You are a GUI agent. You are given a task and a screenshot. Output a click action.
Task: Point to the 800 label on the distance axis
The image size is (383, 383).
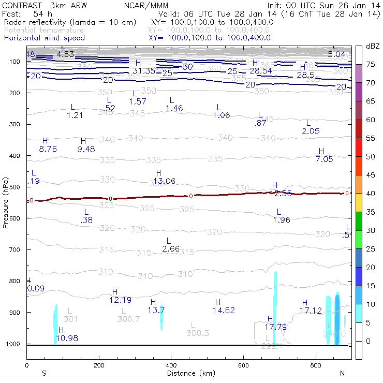316,366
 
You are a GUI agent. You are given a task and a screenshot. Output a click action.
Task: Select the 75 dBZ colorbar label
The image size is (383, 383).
371,64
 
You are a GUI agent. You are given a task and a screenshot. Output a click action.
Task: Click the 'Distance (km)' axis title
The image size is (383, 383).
188,373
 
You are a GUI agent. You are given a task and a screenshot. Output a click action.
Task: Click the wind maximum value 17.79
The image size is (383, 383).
276,327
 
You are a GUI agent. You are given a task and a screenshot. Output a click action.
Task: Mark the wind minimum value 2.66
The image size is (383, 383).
171,249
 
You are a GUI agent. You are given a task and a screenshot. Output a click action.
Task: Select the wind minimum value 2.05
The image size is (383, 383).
311,131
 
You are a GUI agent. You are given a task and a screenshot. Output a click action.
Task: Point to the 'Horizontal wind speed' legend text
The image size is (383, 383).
44,38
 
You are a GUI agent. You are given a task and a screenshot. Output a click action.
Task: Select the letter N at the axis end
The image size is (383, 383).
342,373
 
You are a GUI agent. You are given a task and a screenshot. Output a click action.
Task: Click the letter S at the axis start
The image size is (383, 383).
44,373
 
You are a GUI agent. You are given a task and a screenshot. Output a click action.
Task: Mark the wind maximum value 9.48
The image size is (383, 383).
86,149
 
